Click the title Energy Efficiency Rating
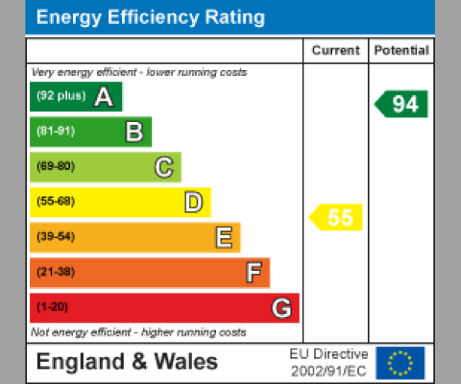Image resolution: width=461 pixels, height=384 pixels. [151, 18]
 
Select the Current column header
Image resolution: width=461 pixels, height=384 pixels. [336, 51]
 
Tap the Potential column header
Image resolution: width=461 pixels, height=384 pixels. [401, 51]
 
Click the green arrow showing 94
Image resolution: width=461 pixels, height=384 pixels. [402, 104]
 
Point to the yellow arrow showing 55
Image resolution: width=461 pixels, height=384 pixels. [337, 217]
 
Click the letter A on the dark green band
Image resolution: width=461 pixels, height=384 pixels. [104, 97]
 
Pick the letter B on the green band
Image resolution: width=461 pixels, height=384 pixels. [134, 132]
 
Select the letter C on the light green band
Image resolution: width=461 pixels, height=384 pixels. [164, 167]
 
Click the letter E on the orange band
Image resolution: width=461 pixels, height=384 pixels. [223, 237]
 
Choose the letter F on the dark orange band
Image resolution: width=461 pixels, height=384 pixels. [253, 273]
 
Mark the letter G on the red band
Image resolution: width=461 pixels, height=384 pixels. [281, 308]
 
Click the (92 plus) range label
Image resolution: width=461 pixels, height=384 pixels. [61, 96]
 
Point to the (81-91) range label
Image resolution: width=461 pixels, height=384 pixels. [55, 131]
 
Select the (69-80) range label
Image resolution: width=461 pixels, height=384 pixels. [55, 167]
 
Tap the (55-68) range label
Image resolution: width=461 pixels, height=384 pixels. [55, 202]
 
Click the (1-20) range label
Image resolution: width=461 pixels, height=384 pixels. [52, 307]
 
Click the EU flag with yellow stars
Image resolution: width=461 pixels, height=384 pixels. [400, 362]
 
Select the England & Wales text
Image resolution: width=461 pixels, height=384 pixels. [127, 362]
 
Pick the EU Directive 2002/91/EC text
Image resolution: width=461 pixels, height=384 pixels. [329, 362]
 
